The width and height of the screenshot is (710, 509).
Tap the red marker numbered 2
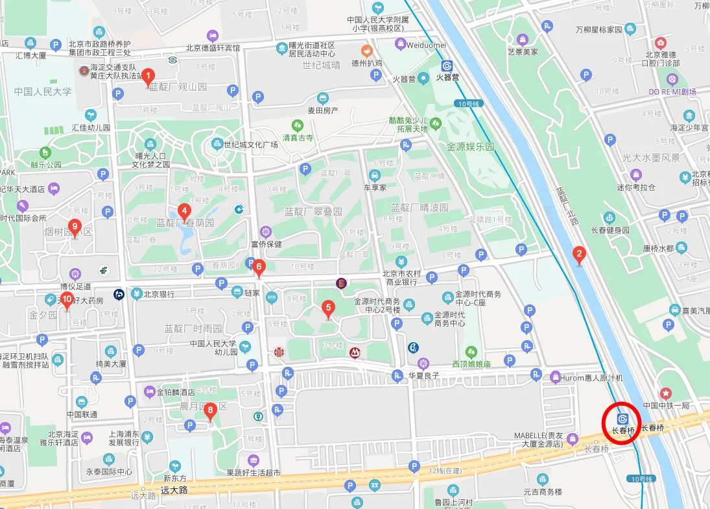tap(580, 255)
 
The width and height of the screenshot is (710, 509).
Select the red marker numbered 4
tap(184, 212)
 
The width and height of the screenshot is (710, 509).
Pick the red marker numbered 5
tap(328, 308)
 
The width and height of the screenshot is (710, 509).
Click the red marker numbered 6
tap(259, 267)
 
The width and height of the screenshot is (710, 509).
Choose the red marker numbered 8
tap(209, 411)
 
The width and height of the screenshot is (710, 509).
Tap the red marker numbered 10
tap(67, 301)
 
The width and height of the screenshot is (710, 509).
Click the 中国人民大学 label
tap(43, 92)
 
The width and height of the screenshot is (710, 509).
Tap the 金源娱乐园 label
tap(470, 147)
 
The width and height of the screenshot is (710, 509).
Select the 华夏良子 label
tap(424, 375)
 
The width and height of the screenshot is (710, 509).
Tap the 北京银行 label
tap(159, 294)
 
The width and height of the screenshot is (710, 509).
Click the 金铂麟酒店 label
tap(176, 392)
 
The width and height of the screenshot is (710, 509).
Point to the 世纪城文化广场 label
tap(250, 145)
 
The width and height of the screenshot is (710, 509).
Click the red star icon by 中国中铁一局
tap(665, 393)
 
